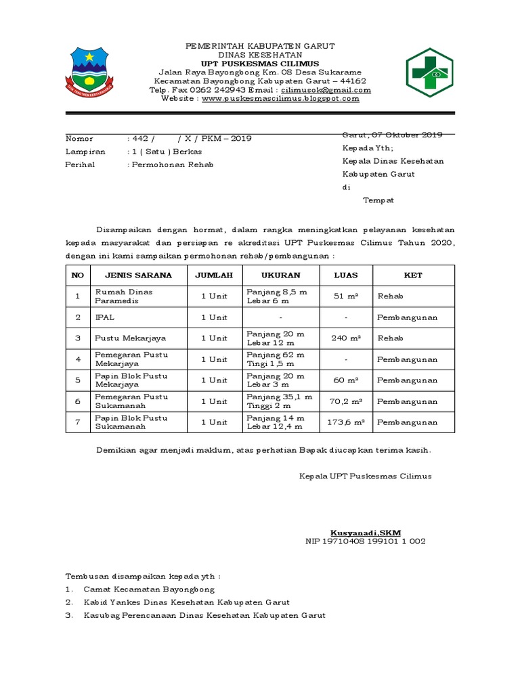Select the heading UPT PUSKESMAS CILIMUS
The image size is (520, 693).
261,64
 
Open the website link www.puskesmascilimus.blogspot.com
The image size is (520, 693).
280,99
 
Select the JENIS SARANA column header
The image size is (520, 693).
138,275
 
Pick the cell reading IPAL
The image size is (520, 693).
104,317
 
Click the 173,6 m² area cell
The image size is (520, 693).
346,422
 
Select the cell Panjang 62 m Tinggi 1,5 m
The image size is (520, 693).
276,359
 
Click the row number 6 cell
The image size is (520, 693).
78,401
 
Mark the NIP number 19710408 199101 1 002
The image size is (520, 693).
366,541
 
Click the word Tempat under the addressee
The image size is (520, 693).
378,200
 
